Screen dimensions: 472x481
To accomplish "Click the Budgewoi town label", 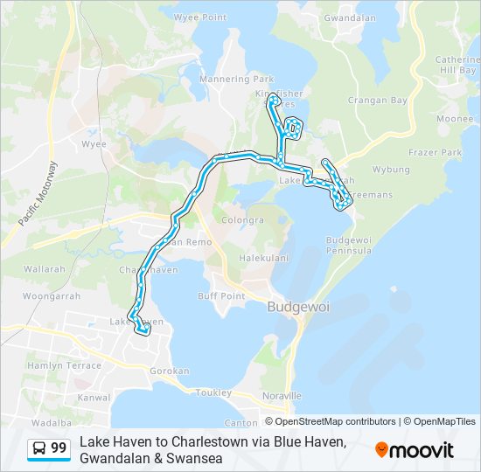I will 295,307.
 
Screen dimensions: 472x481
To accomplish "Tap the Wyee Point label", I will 200,17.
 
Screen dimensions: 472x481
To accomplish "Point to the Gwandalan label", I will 350,17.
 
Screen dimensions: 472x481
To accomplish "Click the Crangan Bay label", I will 379,101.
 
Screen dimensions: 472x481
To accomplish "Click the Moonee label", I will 454,118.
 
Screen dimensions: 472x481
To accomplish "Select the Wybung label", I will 391,169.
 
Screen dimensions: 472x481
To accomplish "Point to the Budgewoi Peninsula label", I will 350,245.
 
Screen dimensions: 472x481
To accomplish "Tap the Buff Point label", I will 221,295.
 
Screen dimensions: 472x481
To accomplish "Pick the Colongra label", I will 243,220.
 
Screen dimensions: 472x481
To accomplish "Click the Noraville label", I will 281,395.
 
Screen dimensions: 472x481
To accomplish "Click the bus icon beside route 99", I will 38,448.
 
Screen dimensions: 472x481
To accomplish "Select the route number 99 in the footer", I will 59,448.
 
